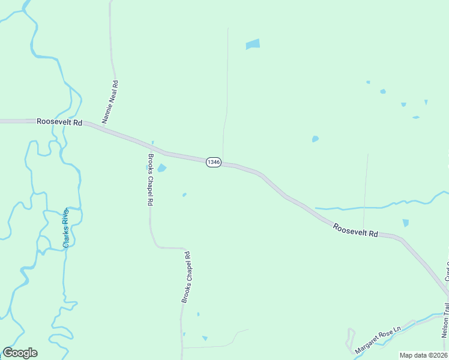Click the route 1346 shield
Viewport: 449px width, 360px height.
click(214, 162)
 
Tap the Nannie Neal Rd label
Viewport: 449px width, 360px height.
click(110, 102)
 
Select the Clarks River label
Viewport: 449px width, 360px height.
click(67, 227)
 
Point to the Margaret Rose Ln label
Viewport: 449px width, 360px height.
click(377, 341)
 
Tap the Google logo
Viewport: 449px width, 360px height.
click(20, 353)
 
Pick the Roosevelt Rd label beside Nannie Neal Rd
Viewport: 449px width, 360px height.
click(59, 121)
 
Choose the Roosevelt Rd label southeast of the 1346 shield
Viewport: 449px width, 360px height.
click(355, 230)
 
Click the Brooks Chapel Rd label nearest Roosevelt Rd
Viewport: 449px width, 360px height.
click(150, 180)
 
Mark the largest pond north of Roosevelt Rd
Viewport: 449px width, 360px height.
click(253, 44)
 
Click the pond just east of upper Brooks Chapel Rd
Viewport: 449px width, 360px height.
click(161, 169)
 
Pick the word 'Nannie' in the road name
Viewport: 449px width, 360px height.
click(108, 112)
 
